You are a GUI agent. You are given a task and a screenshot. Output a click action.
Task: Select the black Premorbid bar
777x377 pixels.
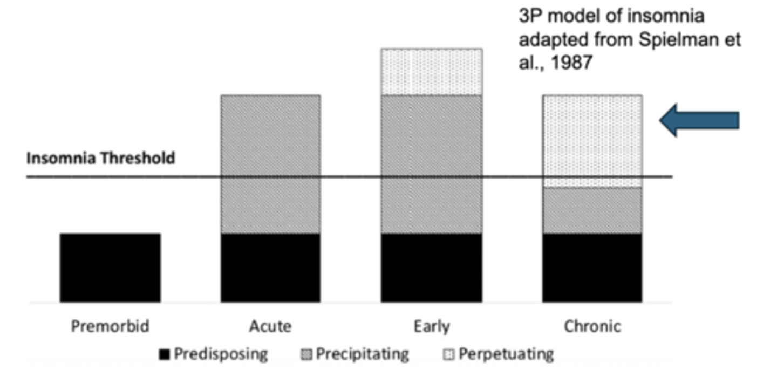point(110,268)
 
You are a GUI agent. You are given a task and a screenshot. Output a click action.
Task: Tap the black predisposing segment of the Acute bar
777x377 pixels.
point(270,268)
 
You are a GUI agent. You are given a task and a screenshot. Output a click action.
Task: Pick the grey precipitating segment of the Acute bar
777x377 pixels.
point(270,164)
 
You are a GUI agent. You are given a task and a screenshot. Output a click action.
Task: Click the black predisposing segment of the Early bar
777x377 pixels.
point(431,268)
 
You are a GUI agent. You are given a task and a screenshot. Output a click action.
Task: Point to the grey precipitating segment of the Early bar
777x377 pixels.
point(431,164)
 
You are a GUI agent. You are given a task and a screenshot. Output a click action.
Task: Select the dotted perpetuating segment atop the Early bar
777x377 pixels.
point(431,72)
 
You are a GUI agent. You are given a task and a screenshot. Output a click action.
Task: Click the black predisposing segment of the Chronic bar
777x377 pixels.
point(592,268)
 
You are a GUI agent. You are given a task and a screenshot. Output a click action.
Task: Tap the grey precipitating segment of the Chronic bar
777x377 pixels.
point(592,210)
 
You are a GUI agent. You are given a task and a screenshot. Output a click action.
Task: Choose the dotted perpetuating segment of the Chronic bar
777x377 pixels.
point(592,141)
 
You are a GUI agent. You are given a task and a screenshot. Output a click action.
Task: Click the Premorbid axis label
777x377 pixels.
point(110,326)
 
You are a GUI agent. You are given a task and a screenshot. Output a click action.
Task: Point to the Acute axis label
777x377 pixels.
point(270,326)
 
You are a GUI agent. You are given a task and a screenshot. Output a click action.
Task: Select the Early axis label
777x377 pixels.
point(431,326)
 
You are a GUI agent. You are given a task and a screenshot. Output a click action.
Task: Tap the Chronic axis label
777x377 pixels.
point(592,326)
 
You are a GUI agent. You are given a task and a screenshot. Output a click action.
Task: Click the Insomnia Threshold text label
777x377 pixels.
point(101,159)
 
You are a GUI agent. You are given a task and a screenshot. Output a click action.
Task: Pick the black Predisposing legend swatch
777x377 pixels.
point(164,355)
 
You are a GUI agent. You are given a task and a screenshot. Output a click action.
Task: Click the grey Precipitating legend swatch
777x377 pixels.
point(306,355)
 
